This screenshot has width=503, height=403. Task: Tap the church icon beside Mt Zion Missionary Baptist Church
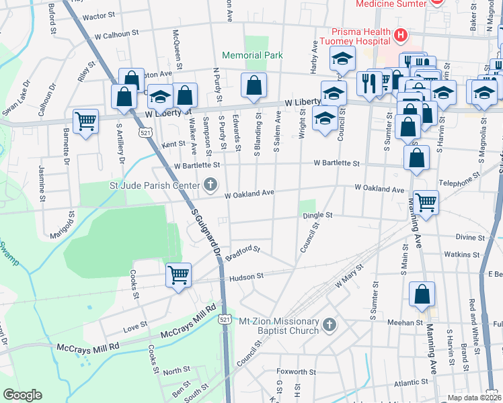[329, 325]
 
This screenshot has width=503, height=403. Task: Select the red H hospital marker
[401, 34]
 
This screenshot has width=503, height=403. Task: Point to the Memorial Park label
[253, 56]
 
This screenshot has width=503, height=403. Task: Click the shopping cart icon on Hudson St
[178, 275]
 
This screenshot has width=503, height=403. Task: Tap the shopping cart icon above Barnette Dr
[85, 122]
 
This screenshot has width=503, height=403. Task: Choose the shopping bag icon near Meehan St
[422, 294]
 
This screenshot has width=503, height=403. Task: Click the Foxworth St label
[297, 371]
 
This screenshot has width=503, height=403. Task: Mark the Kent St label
[173, 144]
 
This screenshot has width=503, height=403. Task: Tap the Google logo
[22, 395]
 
